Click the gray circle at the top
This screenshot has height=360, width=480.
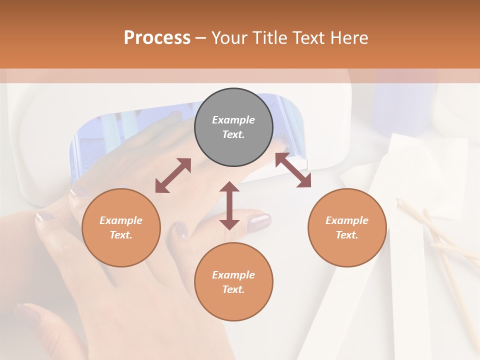(x=233, y=127)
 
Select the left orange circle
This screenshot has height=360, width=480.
(x=121, y=227)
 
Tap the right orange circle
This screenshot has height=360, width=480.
(x=347, y=227)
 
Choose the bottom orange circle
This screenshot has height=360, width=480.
(x=233, y=282)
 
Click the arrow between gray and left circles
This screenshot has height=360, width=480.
(x=173, y=175)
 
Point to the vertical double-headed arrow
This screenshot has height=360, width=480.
(x=229, y=205)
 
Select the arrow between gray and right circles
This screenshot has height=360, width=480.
(x=293, y=170)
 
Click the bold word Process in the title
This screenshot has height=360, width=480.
(x=157, y=37)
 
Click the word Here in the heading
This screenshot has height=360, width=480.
(x=349, y=37)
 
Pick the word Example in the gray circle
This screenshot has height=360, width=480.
(x=233, y=120)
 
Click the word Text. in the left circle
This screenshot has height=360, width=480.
(x=121, y=235)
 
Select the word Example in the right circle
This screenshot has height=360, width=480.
(x=347, y=220)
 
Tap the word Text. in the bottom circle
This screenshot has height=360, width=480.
(x=233, y=289)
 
